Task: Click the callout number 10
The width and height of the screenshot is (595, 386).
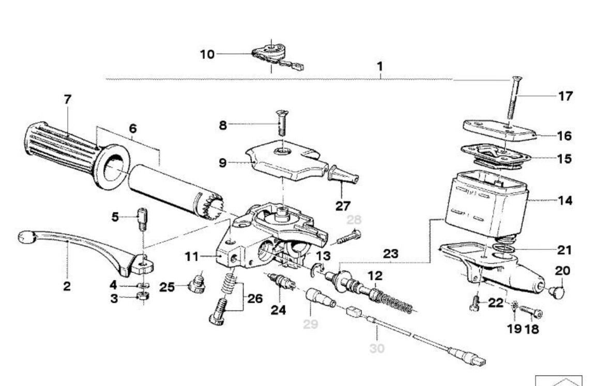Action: pyautogui.click(x=207, y=54)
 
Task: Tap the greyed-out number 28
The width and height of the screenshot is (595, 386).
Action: pyautogui.click(x=354, y=219)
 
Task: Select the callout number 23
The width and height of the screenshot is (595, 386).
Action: pyautogui.click(x=390, y=254)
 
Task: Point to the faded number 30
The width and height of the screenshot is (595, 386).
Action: pyautogui.click(x=377, y=348)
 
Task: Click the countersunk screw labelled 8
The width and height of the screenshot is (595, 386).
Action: pyautogui.click(x=281, y=122)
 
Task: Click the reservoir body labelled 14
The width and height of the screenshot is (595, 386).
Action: pyautogui.click(x=486, y=203)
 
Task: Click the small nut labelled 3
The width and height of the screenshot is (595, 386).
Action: pyautogui.click(x=143, y=296)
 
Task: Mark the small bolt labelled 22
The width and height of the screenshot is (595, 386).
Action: pyautogui.click(x=475, y=303)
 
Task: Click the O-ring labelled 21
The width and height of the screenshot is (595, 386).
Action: pyautogui.click(x=504, y=249)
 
